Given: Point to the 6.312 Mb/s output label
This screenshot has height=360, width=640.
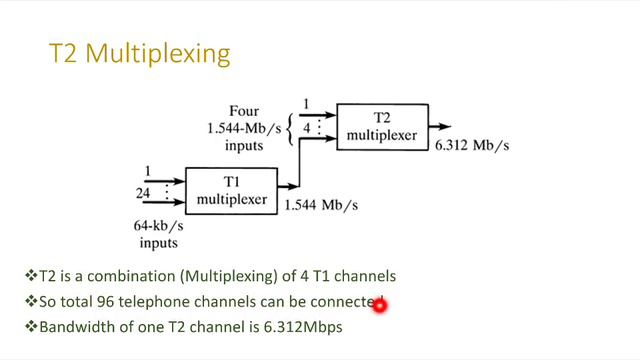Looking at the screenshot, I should click(x=473, y=145).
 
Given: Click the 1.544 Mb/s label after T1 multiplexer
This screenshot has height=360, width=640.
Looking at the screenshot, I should click(x=322, y=205).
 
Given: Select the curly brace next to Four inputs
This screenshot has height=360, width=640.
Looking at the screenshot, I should click(x=290, y=126).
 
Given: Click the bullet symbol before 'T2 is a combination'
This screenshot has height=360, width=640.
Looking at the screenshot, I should click(x=30, y=276).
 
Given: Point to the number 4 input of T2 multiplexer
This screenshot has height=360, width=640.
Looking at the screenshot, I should click(x=307, y=127).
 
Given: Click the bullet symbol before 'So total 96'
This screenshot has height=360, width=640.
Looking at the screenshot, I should click(x=30, y=301).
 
